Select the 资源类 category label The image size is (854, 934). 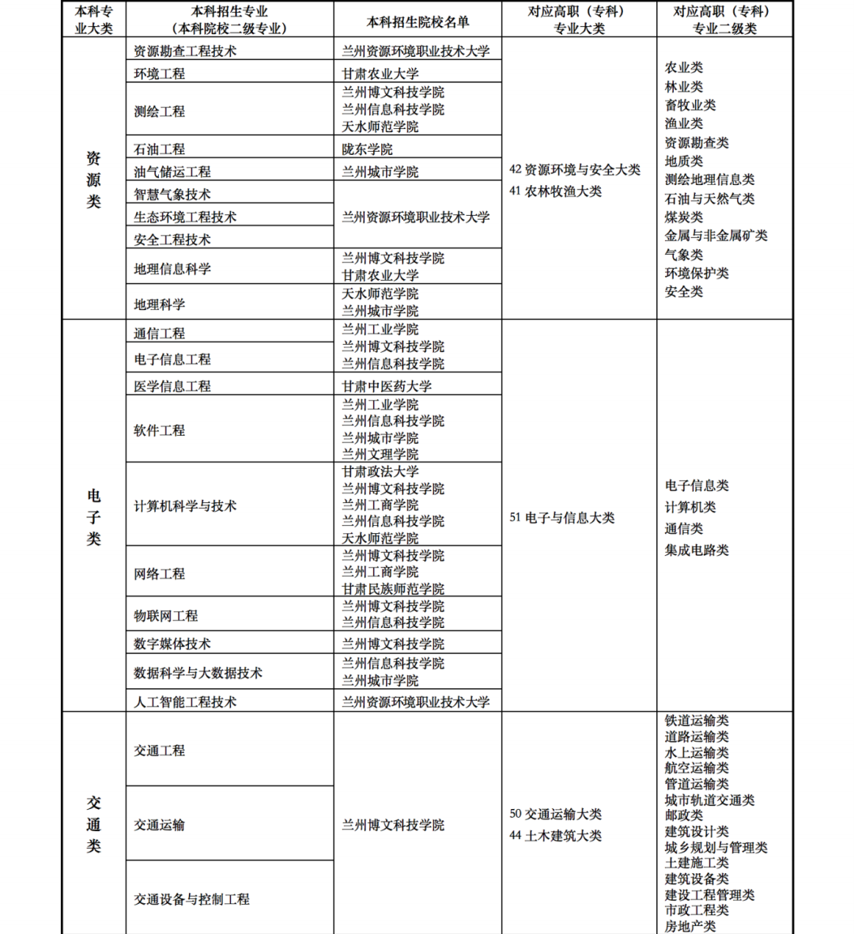pyautogui.click(x=93, y=180)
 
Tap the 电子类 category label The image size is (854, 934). pyautogui.click(x=93, y=517)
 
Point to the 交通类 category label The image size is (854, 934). pyautogui.click(x=93, y=824)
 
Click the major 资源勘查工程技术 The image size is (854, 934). pyautogui.click(x=185, y=51)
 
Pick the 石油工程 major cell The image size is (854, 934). pyautogui.click(x=159, y=149)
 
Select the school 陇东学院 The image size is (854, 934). pyautogui.click(x=367, y=149)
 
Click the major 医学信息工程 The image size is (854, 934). pyautogui.click(x=172, y=386)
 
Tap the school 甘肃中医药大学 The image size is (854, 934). pyautogui.click(x=387, y=386)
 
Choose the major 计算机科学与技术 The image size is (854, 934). pyautogui.click(x=185, y=506)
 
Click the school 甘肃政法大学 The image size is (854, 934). pyautogui.click(x=380, y=472)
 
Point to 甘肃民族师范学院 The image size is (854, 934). pyautogui.click(x=393, y=589)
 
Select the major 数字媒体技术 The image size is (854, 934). pyautogui.click(x=172, y=644)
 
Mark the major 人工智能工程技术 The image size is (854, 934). pyautogui.click(x=185, y=701)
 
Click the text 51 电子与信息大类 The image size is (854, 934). pyautogui.click(x=561, y=518)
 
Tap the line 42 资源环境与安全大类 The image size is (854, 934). pyautogui.click(x=575, y=170)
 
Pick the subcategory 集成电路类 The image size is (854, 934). pyautogui.click(x=697, y=550)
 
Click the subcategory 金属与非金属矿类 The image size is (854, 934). pyautogui.click(x=716, y=236)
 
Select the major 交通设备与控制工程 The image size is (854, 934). pyautogui.click(x=191, y=899)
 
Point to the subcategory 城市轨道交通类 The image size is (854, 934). pyautogui.click(x=709, y=800)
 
